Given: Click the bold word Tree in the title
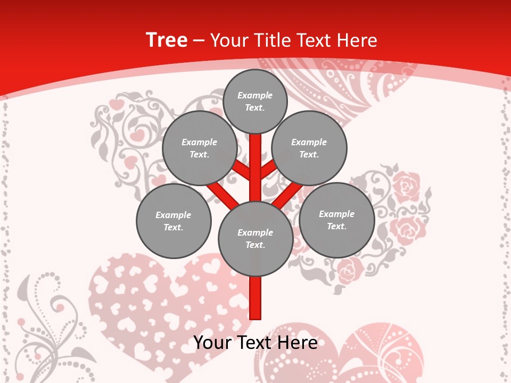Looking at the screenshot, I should point(166,40).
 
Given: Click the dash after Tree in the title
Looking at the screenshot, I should point(199,41).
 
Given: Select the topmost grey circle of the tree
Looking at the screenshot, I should point(255,102).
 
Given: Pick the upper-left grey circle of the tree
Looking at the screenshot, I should point(199,148).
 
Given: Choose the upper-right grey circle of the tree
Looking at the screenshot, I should point(309,148).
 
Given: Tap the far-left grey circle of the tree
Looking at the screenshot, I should point(174,221).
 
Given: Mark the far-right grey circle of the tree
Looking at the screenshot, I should point(336,220).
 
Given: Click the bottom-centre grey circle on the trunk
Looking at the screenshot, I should point(256,239).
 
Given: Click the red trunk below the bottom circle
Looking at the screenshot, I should point(256,298).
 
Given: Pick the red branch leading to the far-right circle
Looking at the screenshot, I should point(288,194).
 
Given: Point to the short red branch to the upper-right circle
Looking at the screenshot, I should point(268,169).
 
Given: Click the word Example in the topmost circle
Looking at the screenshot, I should point(255,96).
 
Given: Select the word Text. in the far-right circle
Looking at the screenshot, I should point(336,227).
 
